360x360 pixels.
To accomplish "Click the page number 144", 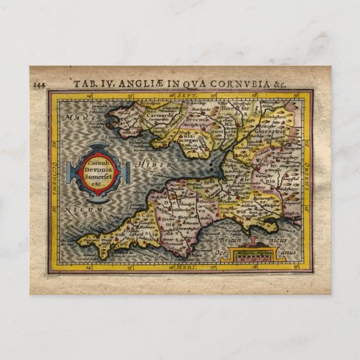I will pos(38,84).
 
